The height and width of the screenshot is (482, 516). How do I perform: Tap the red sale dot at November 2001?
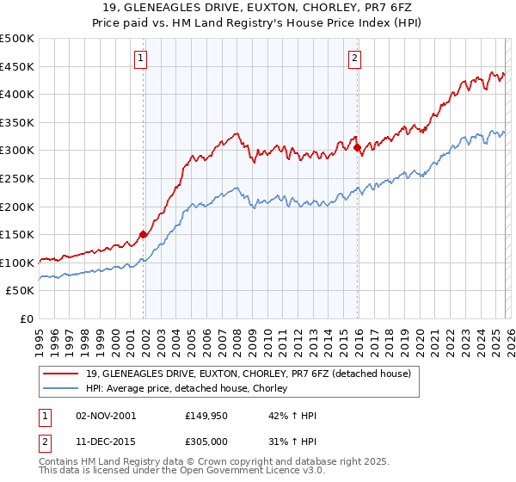(x=144, y=234)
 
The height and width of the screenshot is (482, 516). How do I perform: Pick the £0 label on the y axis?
(x=26, y=318)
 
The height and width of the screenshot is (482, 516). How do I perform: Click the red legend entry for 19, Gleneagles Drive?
(x=249, y=374)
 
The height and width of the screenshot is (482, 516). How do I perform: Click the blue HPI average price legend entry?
(x=190, y=389)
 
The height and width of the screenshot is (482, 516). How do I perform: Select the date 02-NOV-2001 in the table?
(x=106, y=416)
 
